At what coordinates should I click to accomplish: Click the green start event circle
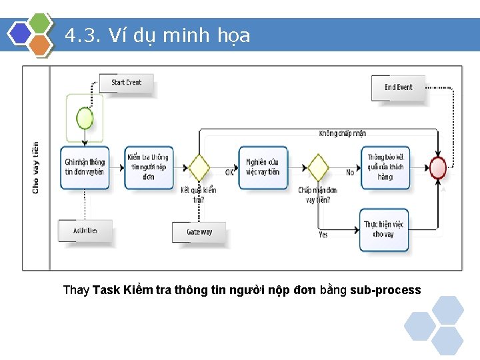click(85, 119)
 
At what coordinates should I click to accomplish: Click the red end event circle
click(438, 167)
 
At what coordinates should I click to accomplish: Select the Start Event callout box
click(126, 83)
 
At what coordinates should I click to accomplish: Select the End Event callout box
click(398, 88)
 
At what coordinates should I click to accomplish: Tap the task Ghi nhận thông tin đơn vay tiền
click(85, 167)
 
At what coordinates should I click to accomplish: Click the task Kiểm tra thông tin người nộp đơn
click(148, 167)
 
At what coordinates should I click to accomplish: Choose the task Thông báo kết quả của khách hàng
click(385, 167)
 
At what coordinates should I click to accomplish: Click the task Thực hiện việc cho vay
click(384, 229)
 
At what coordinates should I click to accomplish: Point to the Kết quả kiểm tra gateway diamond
click(198, 167)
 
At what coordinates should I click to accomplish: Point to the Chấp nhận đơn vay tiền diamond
click(318, 167)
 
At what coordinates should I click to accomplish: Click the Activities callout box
click(85, 231)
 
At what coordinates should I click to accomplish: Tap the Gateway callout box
click(199, 233)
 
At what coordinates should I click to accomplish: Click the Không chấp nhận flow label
click(343, 133)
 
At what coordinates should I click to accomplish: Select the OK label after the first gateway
click(229, 172)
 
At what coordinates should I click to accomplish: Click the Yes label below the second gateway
click(323, 235)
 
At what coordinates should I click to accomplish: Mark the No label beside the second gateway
click(350, 172)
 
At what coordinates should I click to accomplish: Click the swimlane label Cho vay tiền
click(36, 167)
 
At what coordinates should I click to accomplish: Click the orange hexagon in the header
click(41, 45)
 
